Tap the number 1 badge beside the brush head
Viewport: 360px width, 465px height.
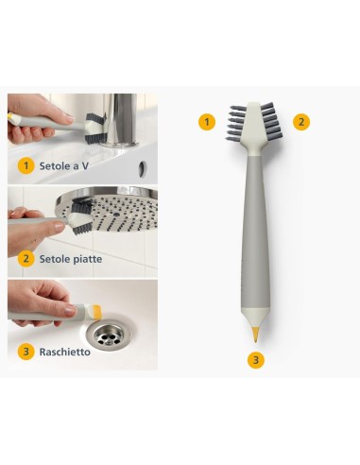click(207, 121)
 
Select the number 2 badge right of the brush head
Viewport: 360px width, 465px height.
click(300, 121)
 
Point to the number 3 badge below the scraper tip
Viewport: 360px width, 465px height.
click(254, 359)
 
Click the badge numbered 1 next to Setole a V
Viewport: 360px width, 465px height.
click(26, 165)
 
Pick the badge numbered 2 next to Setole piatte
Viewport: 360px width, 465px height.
click(26, 258)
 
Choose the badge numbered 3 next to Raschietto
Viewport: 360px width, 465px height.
click(26, 352)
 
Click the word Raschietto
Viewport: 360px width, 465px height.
click(65, 352)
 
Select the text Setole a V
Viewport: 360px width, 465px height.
click(65, 165)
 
